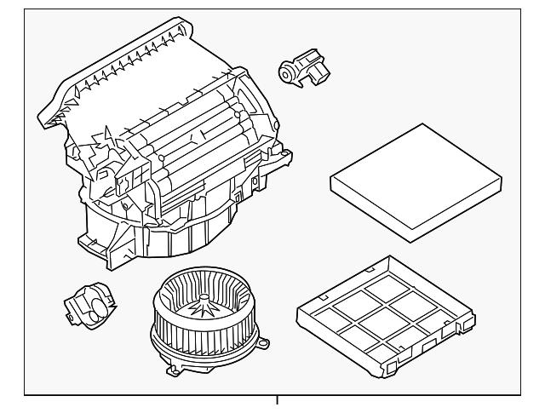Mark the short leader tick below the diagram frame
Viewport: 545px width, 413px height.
(278, 401)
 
